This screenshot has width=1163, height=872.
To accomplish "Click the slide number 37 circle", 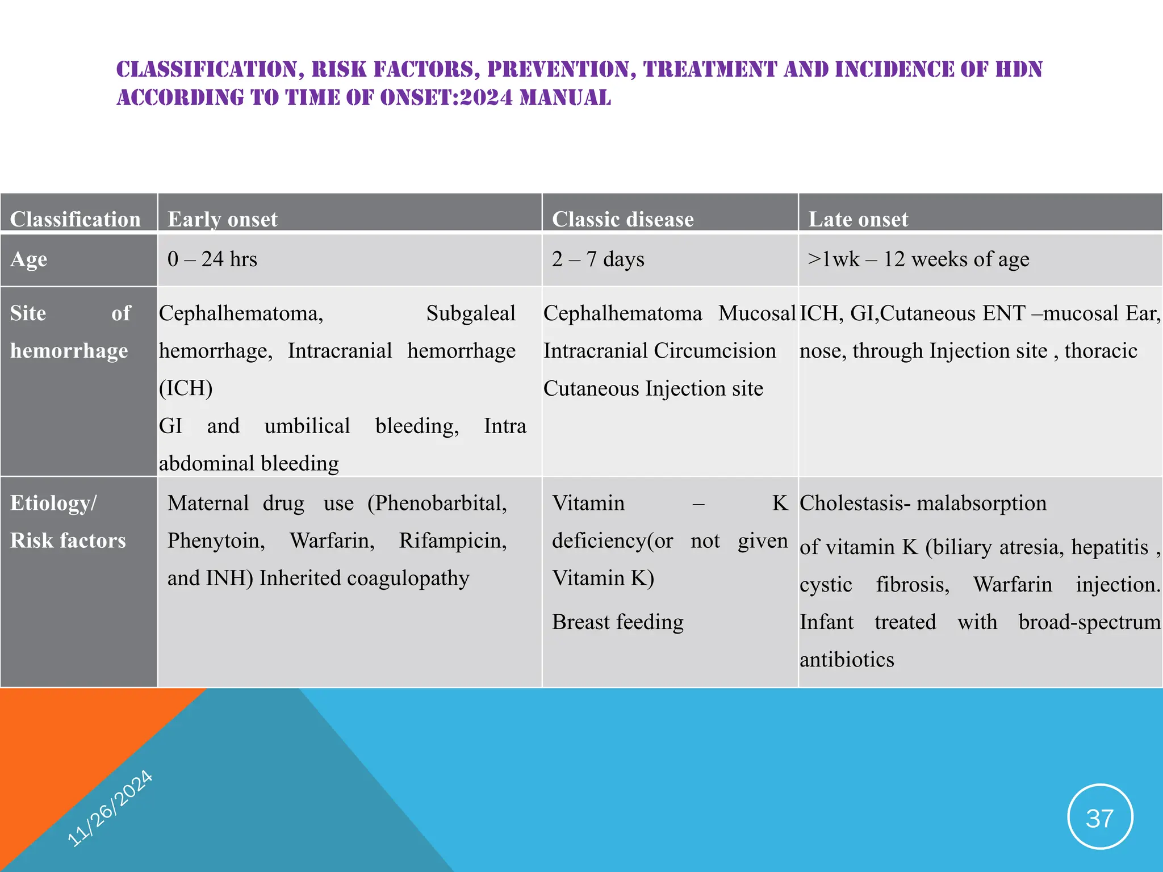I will [1100, 817].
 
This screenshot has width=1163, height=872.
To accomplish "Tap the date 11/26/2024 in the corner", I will [110, 808].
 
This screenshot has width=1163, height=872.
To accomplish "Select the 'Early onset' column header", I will [222, 219].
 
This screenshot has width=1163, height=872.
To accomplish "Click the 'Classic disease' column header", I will [622, 219].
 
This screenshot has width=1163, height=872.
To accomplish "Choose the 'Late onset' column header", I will [857, 219].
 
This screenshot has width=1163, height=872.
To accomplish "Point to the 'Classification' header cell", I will [75, 219].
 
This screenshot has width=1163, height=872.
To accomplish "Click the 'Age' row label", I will [28, 259].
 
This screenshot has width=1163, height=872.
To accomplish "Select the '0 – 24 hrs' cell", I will [212, 259].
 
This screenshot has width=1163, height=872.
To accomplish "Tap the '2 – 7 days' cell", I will [597, 259].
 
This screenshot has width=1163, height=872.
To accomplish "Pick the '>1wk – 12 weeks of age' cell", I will [918, 259].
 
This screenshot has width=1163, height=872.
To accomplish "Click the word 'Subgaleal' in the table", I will [470, 313].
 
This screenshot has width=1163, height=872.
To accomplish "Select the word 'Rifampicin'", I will [453, 541].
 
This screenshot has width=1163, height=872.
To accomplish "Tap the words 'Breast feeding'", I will [617, 622].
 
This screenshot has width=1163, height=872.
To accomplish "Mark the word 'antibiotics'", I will [847, 660].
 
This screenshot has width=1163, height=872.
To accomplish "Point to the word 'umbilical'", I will [307, 426].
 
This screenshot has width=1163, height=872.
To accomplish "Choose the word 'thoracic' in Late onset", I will [1101, 351].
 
